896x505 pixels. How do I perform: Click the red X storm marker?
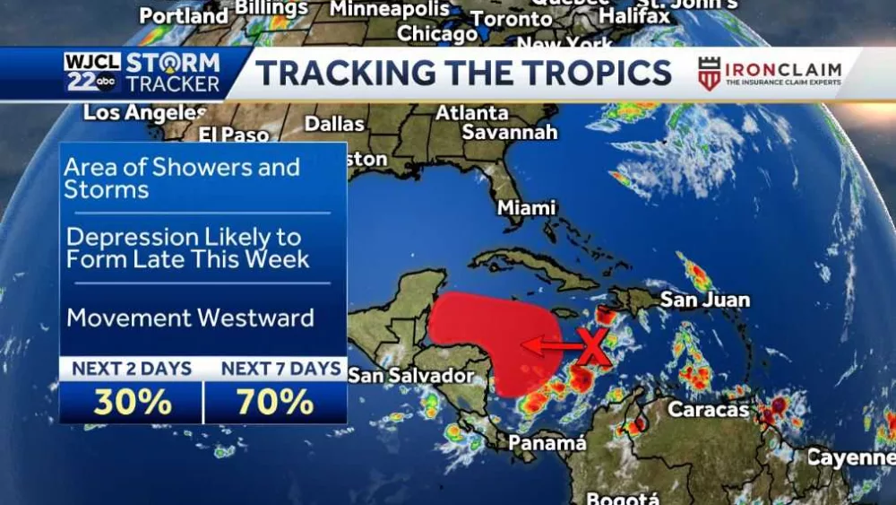[594, 346]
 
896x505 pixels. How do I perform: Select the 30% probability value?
[132, 403]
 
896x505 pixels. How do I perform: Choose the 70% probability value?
[275, 403]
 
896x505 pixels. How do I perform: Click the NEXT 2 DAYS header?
[132, 369]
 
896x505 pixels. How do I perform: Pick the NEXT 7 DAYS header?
[280, 369]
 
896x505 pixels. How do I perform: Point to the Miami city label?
[527, 208]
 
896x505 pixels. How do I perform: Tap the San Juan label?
[704, 300]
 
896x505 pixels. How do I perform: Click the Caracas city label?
[708, 410]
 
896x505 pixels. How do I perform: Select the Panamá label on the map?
[547, 443]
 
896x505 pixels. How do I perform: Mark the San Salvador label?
[409, 375]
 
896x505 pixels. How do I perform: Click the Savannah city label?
[510, 133]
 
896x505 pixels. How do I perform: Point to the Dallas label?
[334, 124]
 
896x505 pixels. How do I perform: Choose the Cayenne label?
[850, 458]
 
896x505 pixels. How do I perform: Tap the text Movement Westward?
[190, 318]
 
